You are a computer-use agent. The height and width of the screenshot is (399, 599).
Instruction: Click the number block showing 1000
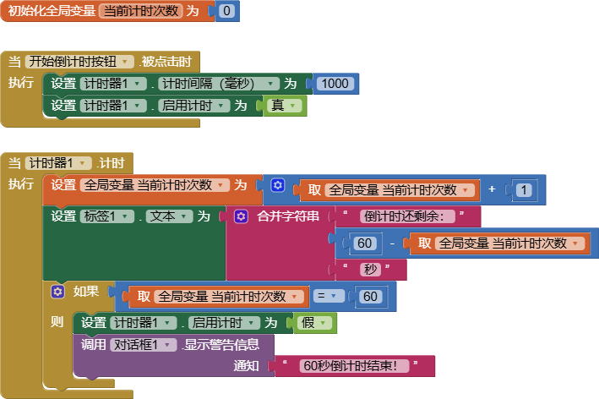(335, 84)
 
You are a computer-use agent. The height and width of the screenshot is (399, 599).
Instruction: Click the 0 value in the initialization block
(226, 12)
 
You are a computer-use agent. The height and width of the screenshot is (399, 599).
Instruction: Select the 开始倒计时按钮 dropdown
(80, 62)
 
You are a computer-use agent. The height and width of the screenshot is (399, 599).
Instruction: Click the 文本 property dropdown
(168, 216)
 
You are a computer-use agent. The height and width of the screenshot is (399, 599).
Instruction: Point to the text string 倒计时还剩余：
(408, 216)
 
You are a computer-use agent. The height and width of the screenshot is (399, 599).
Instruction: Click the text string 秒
(371, 270)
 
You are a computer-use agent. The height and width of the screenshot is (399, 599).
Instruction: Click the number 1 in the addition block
(524, 190)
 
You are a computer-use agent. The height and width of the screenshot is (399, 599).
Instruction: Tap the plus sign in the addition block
(492, 189)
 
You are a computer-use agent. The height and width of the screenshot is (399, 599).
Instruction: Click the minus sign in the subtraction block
(393, 243)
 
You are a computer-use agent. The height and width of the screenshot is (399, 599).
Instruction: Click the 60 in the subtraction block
(365, 243)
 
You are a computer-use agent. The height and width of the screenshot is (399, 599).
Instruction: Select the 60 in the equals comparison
(370, 297)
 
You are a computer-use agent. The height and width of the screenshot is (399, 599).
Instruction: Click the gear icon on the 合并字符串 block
(240, 216)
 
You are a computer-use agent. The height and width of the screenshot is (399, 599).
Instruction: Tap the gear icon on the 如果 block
(57, 292)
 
